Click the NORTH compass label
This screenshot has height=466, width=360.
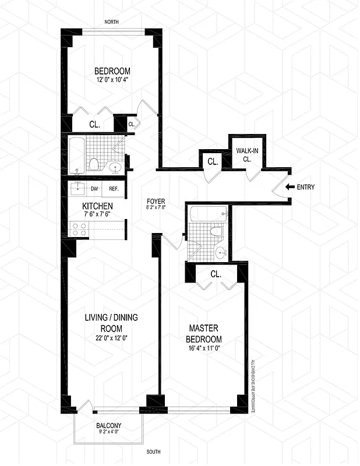pos(112,22)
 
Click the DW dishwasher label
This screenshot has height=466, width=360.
pos(94,188)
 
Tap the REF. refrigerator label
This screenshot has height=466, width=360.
pos(114,188)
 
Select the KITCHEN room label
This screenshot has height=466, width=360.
pos(97,206)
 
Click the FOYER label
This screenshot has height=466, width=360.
pos(156,202)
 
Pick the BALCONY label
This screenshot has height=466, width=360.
pos(109,426)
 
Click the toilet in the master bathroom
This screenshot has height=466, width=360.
pos(217,232)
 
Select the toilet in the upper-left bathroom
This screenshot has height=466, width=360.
pos(93,164)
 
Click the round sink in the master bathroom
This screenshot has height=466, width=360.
pos(219,253)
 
